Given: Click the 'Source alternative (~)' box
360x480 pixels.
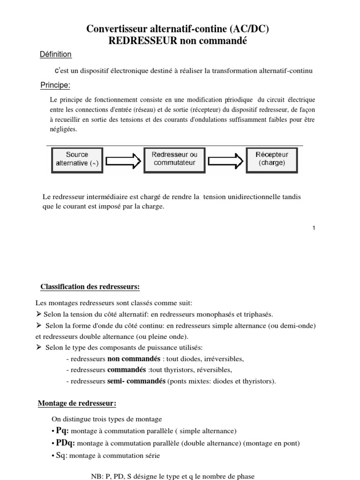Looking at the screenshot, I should click(x=76, y=159).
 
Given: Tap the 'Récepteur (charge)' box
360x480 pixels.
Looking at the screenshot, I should click(x=271, y=159).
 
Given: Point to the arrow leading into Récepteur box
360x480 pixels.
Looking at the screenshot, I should click(x=225, y=162).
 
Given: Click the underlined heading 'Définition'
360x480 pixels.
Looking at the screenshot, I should click(x=56, y=54).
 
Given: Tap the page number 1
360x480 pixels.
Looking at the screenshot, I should click(x=314, y=228).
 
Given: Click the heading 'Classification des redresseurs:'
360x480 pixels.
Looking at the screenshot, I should click(x=90, y=286).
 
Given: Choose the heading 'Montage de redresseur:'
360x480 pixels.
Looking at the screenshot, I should click(x=77, y=404).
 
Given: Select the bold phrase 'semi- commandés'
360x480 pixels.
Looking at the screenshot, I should click(x=136, y=381).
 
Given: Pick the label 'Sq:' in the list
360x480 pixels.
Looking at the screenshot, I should click(x=62, y=454).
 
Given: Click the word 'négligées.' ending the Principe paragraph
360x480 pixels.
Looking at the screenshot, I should click(x=63, y=130).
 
